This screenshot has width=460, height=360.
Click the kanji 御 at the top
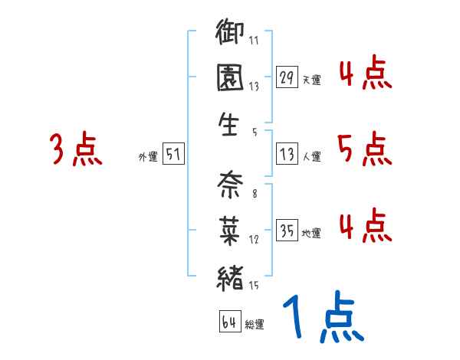(230, 34)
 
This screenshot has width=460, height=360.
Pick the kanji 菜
(230, 228)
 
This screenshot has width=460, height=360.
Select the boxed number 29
(286, 77)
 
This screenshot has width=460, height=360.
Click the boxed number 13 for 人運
(286, 154)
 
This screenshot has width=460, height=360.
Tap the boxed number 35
(286, 231)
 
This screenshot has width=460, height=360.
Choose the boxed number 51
(173, 154)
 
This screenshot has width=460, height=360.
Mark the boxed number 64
(229, 322)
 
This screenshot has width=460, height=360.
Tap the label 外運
(148, 156)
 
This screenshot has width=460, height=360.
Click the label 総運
(255, 324)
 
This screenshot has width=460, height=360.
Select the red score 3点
(76, 149)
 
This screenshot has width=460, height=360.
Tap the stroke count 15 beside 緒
(254, 286)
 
